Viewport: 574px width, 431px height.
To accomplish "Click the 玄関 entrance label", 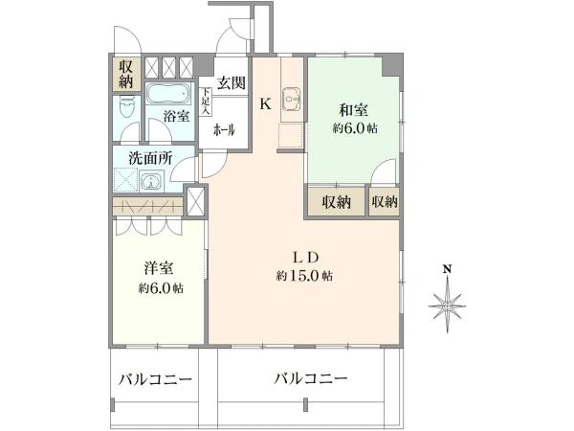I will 230,83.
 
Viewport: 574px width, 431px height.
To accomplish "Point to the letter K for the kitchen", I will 267,104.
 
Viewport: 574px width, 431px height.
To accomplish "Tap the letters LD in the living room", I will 304,257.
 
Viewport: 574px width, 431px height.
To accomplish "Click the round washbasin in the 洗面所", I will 149,181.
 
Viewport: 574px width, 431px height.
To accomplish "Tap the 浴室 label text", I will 174,116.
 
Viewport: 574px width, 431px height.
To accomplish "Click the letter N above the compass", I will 447,269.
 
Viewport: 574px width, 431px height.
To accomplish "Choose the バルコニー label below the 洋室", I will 155,379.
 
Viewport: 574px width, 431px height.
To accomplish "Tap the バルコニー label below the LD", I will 310,379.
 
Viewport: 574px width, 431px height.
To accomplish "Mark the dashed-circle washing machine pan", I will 124,181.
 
